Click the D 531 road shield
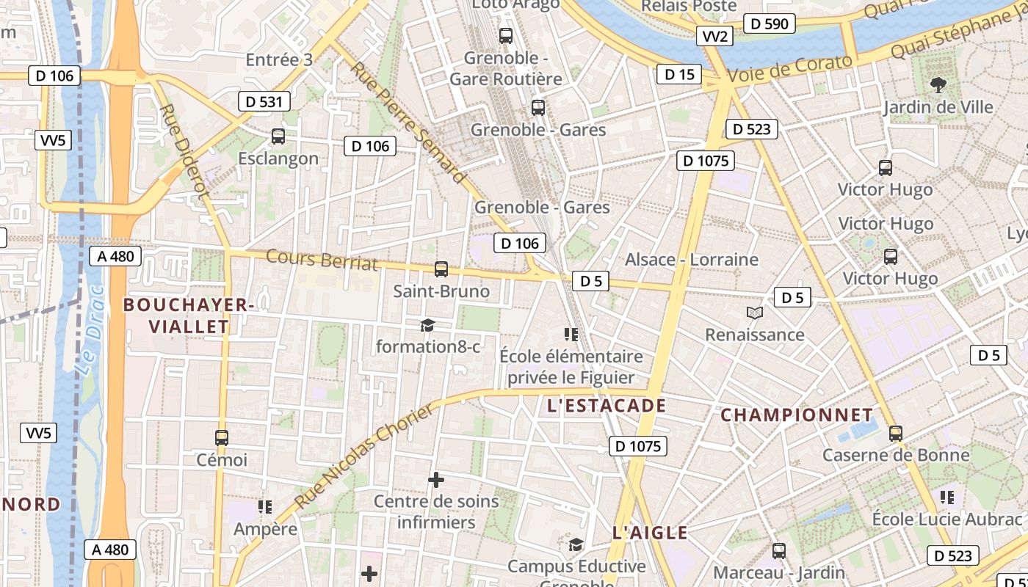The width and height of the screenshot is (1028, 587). [x=264, y=101]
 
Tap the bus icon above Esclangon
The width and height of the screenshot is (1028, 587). [x=278, y=136]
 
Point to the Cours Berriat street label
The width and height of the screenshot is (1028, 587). [x=322, y=260]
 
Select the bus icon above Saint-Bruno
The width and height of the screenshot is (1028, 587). [x=441, y=269]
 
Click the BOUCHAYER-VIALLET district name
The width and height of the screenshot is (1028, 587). [x=188, y=316]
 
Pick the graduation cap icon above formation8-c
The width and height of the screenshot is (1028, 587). [x=427, y=325]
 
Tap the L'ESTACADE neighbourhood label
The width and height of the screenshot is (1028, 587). [x=607, y=406]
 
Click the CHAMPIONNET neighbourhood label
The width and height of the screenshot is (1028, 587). [x=797, y=415]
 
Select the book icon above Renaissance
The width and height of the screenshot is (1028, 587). [x=754, y=313]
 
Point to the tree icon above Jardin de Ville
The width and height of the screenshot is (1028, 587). [x=938, y=85]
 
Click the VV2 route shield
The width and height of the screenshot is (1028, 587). [x=714, y=37]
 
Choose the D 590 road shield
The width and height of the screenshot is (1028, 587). [x=770, y=24]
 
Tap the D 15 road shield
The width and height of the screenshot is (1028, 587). [x=679, y=74]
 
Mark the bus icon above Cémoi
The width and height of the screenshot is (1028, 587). [x=222, y=438]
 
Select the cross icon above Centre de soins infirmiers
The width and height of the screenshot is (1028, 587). [x=436, y=480]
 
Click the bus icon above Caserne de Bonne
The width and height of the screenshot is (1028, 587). [x=895, y=433]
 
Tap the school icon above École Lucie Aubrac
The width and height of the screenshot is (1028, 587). [x=947, y=497]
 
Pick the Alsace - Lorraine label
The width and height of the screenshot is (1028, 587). [x=691, y=260]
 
